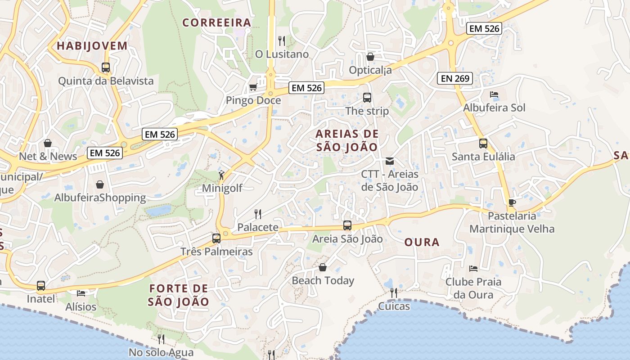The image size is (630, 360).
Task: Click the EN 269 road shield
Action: coord(455,78)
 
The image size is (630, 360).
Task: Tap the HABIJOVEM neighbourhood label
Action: coord(92,46)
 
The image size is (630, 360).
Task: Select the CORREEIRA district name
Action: coord(216,22)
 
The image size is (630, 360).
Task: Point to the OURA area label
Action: coord(422,243)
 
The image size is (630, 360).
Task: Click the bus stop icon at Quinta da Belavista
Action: coord(106,67)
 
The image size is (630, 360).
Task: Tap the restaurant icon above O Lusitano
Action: coord(282,41)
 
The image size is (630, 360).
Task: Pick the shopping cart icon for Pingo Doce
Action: coord(253,87)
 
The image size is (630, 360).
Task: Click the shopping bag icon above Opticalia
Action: coord(370,57)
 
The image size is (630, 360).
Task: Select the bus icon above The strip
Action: coord(367,97)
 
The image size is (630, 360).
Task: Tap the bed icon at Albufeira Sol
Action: coord(494,94)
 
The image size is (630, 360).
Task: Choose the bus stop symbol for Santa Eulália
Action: coord(483,144)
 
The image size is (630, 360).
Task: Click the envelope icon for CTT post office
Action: coord(390,161)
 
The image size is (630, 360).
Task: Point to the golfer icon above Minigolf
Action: coord(221,175)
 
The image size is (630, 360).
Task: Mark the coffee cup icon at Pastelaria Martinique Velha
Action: coord(512,202)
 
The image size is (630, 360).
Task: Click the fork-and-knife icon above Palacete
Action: coord(258,214)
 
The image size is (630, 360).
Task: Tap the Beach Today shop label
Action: coord(323,281)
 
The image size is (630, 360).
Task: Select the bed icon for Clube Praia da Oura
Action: coord(473,269)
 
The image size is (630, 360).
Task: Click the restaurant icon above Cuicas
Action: coord(394,293)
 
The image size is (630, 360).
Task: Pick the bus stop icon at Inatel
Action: coord(41,285)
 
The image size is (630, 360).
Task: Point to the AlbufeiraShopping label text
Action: coord(100,198)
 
